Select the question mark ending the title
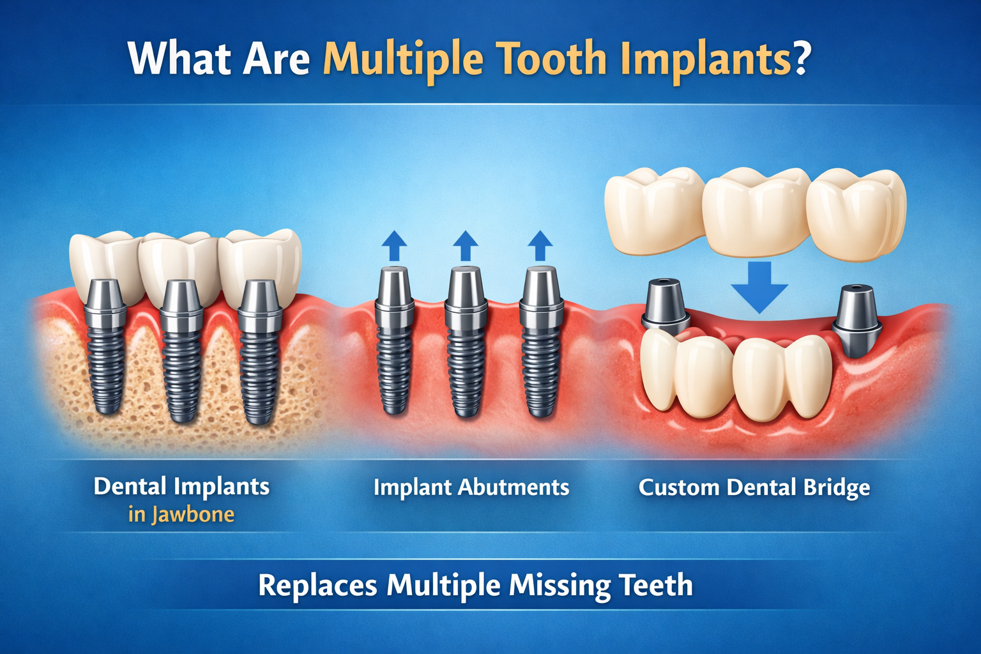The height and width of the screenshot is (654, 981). pyautogui.click(x=799, y=59)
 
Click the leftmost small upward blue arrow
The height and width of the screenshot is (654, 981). pyautogui.click(x=394, y=245)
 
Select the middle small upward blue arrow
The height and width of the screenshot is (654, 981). pyautogui.click(x=466, y=245)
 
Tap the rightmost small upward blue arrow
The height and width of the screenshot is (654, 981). pyautogui.click(x=540, y=245)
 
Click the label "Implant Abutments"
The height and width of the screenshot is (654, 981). pyautogui.click(x=471, y=487)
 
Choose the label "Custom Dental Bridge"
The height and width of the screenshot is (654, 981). pyautogui.click(x=754, y=487)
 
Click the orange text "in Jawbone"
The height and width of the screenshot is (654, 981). pyautogui.click(x=181, y=514)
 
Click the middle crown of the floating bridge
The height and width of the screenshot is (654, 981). pyautogui.click(x=756, y=211)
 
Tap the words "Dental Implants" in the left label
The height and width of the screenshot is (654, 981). pyautogui.click(x=181, y=486)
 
